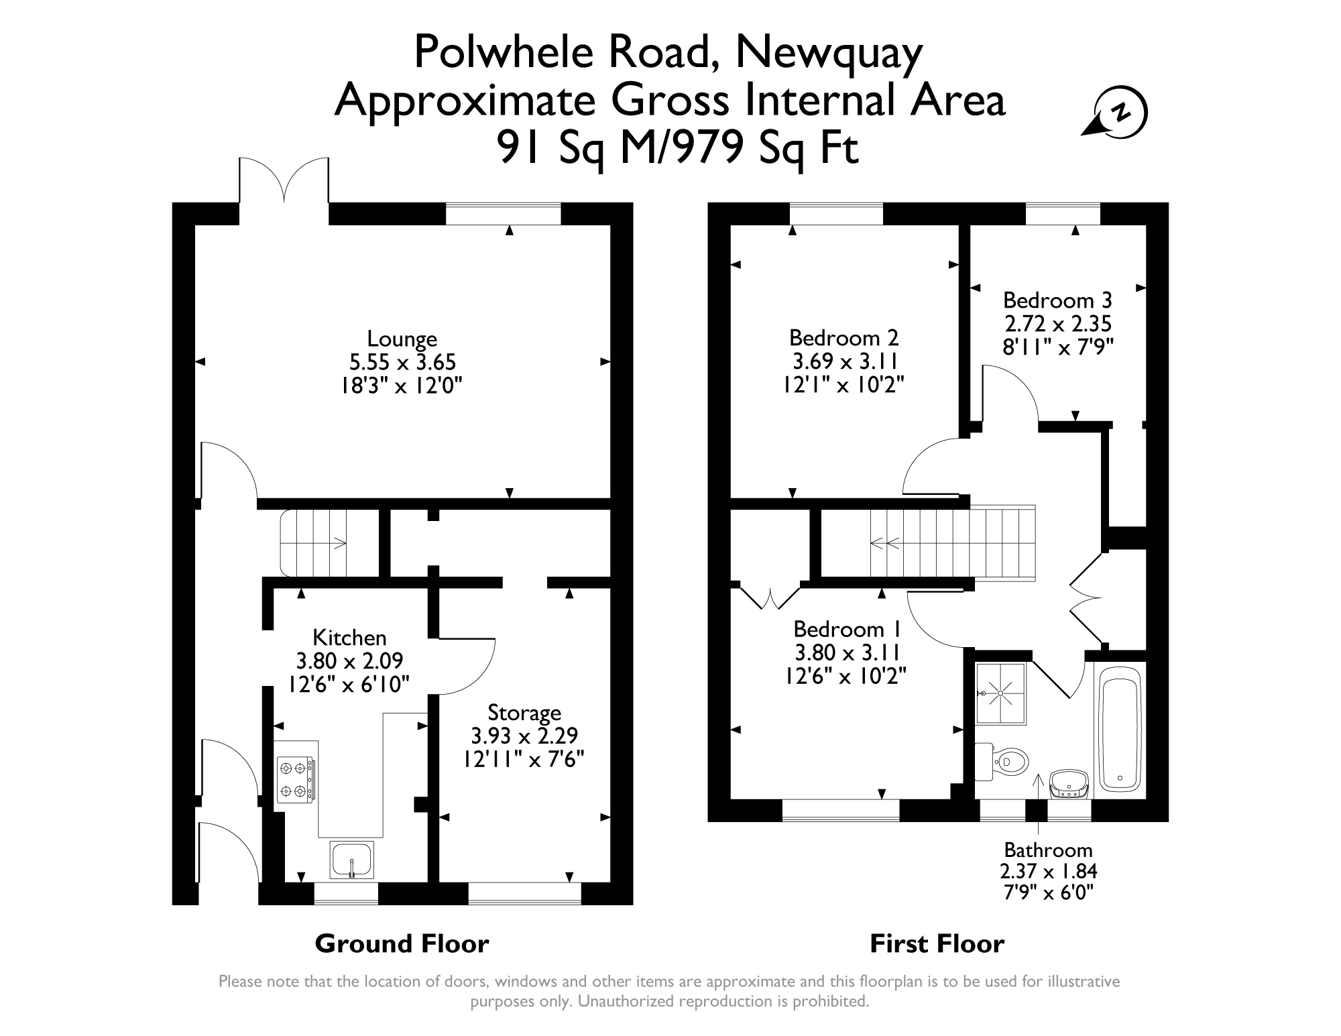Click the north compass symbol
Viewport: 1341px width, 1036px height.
pos(1117,113)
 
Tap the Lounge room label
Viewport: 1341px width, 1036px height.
pos(402,339)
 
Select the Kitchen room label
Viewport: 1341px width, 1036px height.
pos(350,637)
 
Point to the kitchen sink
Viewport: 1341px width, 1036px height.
pos(352,859)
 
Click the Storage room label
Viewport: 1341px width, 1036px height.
pos(524,713)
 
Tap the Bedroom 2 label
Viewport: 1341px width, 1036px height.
pos(843,337)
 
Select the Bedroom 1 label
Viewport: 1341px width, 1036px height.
pos(847,629)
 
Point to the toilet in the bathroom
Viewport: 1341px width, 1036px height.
pos(1002,761)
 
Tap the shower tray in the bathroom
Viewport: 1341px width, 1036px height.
pos(1000,694)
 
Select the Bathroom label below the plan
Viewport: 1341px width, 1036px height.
pos(1048,850)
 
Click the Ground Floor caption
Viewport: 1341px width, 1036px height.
pos(402,943)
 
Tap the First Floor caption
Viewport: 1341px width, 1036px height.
pos(937,943)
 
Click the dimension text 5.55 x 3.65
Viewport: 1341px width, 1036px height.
pos(402,363)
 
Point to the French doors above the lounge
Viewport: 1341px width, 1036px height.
pos(284,180)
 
